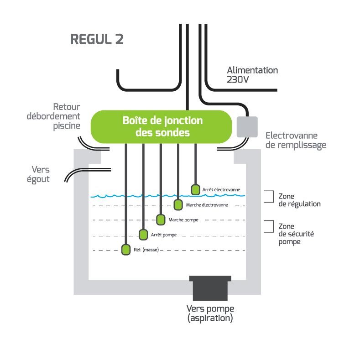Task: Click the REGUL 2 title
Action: click(97, 39)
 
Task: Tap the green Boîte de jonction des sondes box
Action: click(162, 126)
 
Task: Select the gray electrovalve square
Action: click(247, 127)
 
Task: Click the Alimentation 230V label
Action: click(252, 75)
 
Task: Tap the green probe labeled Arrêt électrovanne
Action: click(195, 189)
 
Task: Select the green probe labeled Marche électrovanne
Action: click(178, 204)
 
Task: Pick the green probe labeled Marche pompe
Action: click(161, 219)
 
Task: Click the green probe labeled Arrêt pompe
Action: click(143, 235)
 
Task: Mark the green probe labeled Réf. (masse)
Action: click(126, 249)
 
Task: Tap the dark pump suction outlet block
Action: click(209, 288)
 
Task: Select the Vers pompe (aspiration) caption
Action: click(209, 314)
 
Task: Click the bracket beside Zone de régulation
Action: click(270, 196)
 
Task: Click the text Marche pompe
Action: click(183, 220)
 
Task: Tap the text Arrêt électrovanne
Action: click(221, 189)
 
